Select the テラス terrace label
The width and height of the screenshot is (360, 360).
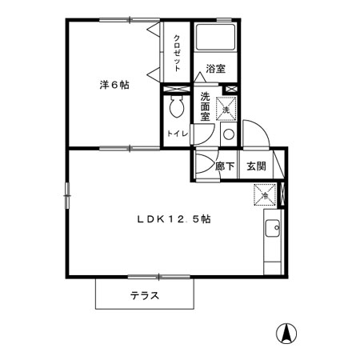[x=145, y=295]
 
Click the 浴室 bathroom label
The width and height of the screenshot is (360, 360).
[x=214, y=69]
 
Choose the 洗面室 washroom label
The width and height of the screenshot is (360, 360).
[x=206, y=106]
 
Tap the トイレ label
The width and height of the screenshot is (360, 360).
[x=176, y=134]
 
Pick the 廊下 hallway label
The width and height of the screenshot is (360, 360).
[x=225, y=167]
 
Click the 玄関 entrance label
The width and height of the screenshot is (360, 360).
[x=256, y=167]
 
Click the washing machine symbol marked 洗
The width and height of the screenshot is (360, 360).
[x=226, y=109]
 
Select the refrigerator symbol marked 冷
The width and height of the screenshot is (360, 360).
[x=264, y=194]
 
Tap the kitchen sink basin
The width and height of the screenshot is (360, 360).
[x=272, y=229]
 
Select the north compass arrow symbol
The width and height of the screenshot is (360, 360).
[x=286, y=330]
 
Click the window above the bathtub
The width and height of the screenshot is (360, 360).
[x=225, y=19]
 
